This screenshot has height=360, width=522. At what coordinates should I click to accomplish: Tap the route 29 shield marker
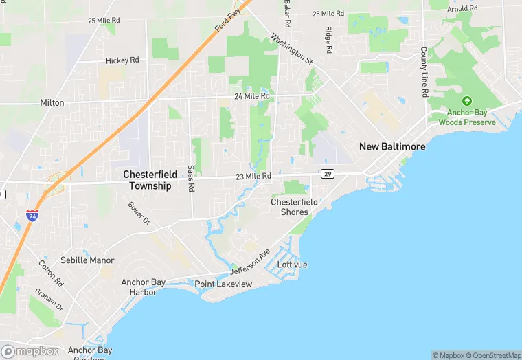(x=328, y=175)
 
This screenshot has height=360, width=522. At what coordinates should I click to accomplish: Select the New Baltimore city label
(x=392, y=147)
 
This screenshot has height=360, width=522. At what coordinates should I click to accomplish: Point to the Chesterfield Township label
(x=147, y=180)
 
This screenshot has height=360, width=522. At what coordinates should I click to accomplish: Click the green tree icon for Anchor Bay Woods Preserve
(x=467, y=100)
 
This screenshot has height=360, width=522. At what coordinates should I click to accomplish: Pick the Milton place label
(x=52, y=103)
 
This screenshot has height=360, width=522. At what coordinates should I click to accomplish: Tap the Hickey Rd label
(x=122, y=60)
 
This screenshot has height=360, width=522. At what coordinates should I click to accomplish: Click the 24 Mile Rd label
(x=252, y=96)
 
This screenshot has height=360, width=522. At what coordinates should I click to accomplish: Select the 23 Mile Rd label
(x=253, y=177)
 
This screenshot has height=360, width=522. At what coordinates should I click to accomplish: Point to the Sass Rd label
(x=191, y=178)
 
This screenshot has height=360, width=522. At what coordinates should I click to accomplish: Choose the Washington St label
(x=292, y=49)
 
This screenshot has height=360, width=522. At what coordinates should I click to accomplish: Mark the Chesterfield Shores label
(x=294, y=207)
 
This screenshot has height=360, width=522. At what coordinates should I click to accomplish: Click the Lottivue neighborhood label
(x=292, y=265)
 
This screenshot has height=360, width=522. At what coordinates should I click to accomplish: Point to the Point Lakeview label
(x=223, y=284)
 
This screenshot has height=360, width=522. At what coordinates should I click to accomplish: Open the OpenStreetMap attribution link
(x=493, y=355)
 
